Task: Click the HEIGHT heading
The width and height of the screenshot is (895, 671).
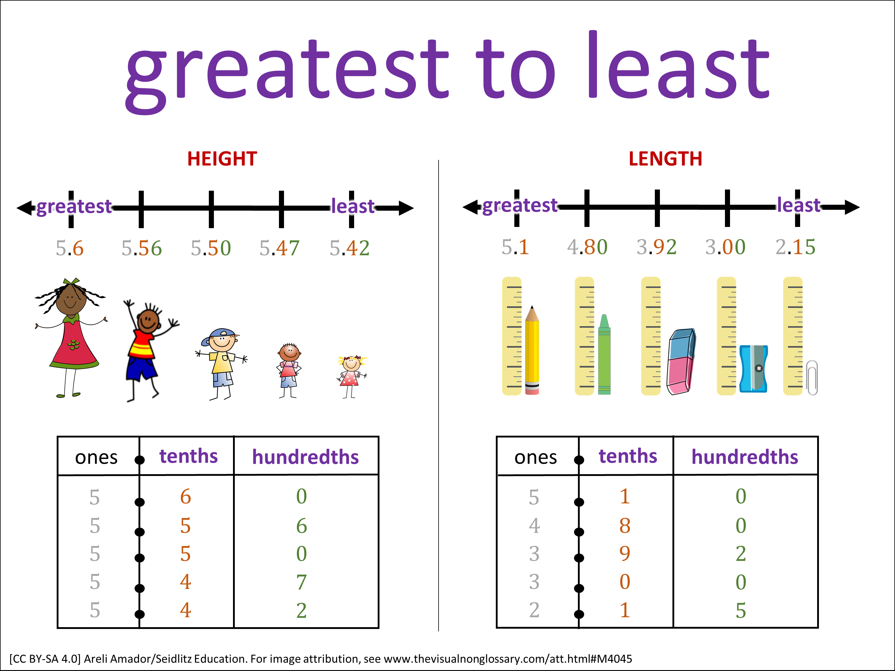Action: [x=222, y=159]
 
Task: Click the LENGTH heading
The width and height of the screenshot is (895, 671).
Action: [x=665, y=159]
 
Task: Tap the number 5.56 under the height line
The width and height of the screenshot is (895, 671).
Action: [x=142, y=248]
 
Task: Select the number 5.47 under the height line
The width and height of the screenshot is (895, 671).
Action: [x=280, y=248]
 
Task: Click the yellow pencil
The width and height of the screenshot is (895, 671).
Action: [x=532, y=350]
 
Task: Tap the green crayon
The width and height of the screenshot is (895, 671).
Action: [x=604, y=354]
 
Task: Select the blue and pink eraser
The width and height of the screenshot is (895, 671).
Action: [x=681, y=361]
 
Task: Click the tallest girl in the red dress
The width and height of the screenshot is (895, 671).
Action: [x=71, y=338]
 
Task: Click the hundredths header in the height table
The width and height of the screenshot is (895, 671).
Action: [x=305, y=457]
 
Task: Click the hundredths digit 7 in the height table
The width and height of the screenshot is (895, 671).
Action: [x=301, y=582]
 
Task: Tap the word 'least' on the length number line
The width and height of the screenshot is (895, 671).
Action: [x=799, y=205]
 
